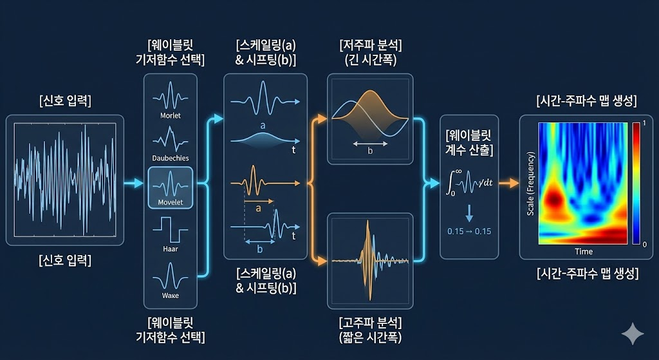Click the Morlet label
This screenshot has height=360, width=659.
(171, 116)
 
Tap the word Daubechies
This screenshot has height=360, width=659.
(171, 158)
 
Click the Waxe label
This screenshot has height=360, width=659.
(171, 295)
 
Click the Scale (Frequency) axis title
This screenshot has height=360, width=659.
(531, 184)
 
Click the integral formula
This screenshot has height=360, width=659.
(469, 182)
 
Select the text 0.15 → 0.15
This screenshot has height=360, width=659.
(469, 231)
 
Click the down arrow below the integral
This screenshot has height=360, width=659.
(469, 211)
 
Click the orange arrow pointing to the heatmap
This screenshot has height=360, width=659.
(508, 184)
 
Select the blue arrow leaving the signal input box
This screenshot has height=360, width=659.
(133, 185)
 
